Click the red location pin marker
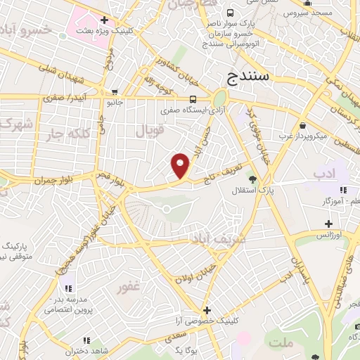tap(181, 165)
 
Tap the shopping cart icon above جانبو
tap(114, 92)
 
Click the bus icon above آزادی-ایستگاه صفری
tap(193, 99)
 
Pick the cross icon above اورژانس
tap(327, 224)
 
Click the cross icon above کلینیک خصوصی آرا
tap(207, 309)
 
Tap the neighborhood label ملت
tap(281, 342)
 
